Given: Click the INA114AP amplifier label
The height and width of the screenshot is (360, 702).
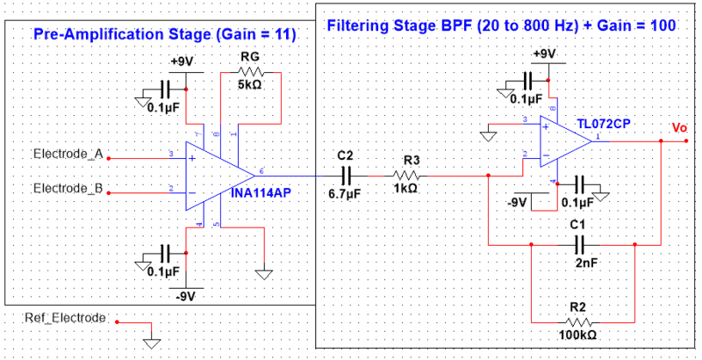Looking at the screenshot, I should click(262, 192).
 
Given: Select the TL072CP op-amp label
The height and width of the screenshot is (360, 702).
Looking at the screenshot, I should click(604, 124).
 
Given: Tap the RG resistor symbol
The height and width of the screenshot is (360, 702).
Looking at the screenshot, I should click(249, 72).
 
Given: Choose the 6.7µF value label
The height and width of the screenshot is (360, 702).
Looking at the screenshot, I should click(343, 192).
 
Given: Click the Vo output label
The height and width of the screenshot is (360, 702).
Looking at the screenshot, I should click(679, 128).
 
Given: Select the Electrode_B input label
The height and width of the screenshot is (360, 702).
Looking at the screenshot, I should click(68, 189).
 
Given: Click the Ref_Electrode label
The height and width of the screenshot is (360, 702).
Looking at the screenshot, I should click(69, 318).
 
